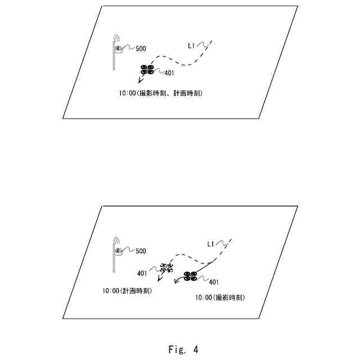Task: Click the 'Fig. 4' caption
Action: coord(183,349)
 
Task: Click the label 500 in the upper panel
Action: coord(141,49)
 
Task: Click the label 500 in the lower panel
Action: coord(141,251)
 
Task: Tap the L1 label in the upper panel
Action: coord(192,44)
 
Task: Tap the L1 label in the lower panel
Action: coord(211,244)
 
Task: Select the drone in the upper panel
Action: coord(148,70)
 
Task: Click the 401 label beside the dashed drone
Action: coord(142,274)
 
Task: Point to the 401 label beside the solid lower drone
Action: coord(214,282)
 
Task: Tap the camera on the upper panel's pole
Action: coord(119,49)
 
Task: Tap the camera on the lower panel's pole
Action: coord(119,251)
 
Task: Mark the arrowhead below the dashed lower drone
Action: coord(152,282)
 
